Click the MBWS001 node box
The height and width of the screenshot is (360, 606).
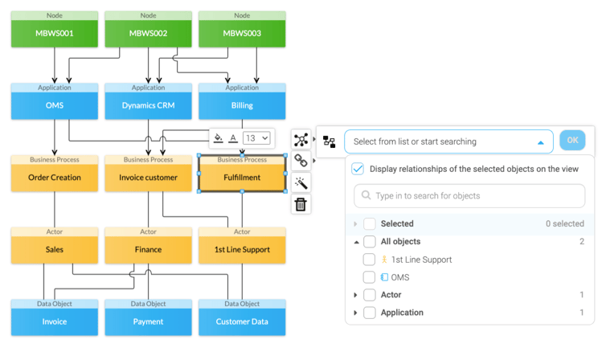click(x=55, y=34)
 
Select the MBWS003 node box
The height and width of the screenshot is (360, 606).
click(x=242, y=34)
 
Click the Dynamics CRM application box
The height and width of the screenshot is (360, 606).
click(x=148, y=105)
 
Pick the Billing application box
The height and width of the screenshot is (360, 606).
click(x=242, y=105)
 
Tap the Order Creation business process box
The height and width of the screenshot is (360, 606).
click(x=55, y=178)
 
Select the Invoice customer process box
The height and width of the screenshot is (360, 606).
click(x=148, y=178)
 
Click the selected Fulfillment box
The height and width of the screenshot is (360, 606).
click(x=242, y=178)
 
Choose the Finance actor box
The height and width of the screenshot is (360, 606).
click(x=148, y=250)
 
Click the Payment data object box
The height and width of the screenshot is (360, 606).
click(x=148, y=321)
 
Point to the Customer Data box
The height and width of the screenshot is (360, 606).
click(x=242, y=321)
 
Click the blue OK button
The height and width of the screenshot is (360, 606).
click(x=572, y=140)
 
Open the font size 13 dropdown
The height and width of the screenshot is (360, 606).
click(x=256, y=138)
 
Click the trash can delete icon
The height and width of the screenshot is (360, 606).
click(x=301, y=205)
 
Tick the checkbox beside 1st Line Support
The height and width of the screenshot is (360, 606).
click(x=369, y=260)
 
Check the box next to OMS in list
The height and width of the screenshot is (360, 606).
click(x=369, y=277)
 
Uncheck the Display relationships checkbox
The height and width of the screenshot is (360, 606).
click(x=358, y=169)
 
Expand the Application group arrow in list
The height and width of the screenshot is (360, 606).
click(x=356, y=313)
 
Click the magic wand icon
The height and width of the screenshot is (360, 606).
click(x=301, y=183)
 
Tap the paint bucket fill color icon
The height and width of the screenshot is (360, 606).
click(x=218, y=138)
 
